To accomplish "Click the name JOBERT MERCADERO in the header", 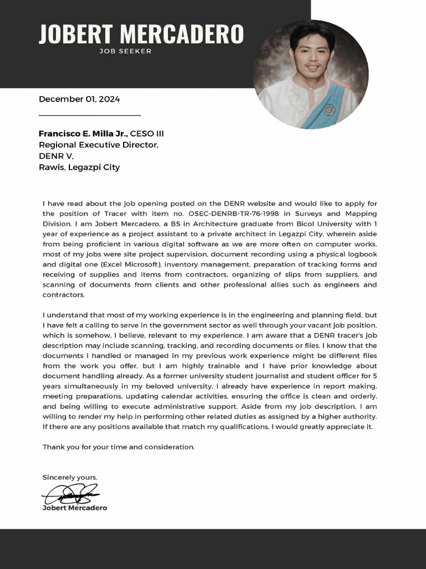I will pyautogui.click(x=141, y=34).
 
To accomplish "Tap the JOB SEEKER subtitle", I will pyautogui.click(x=125, y=51).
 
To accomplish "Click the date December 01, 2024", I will pyautogui.click(x=79, y=99).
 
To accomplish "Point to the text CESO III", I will pyautogui.click(x=147, y=133).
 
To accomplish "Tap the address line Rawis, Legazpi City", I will pyautogui.click(x=79, y=167).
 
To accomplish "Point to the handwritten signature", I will pyautogui.click(x=71, y=493).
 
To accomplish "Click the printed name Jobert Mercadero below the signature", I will pyautogui.click(x=75, y=508).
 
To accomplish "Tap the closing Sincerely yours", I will pyautogui.click(x=70, y=477).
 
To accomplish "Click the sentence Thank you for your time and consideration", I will pyautogui.click(x=119, y=447).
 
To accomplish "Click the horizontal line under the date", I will pyautogui.click(x=90, y=116).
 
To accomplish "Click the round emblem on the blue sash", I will pyautogui.click(x=328, y=109).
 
